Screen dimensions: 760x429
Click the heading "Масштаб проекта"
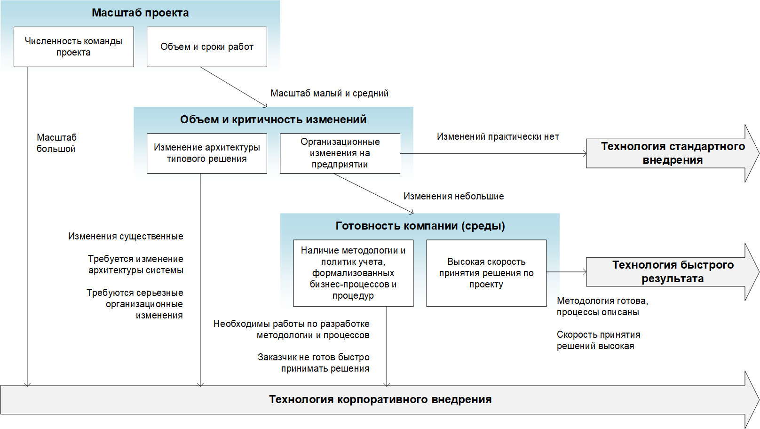[x=140, y=13]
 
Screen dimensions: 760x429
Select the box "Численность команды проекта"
[x=74, y=47]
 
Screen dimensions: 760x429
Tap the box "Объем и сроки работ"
[x=207, y=47]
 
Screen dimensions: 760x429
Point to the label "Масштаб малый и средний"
[x=330, y=93]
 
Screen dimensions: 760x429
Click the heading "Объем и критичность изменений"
[x=273, y=119]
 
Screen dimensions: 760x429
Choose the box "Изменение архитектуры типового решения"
[x=207, y=153]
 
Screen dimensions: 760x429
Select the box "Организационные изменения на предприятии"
[x=340, y=153]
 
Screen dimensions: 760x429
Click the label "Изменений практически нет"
[x=498, y=137]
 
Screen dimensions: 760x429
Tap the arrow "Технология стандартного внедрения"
[x=673, y=153]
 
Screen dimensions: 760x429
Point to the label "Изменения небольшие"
[x=454, y=196]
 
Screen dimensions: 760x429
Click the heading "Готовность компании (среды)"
[x=420, y=226]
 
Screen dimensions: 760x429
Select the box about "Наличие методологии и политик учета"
[x=353, y=273]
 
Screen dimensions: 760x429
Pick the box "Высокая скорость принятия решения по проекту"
[x=486, y=273]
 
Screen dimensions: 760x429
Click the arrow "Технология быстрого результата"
[x=673, y=272]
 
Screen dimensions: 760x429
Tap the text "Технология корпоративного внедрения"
[x=380, y=399]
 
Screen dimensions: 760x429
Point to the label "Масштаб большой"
[x=56, y=143]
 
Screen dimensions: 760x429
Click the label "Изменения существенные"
[x=126, y=236]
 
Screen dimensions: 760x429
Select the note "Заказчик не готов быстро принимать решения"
[x=314, y=363]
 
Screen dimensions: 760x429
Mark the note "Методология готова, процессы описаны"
[x=602, y=306]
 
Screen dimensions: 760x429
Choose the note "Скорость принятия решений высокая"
[x=599, y=340]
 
